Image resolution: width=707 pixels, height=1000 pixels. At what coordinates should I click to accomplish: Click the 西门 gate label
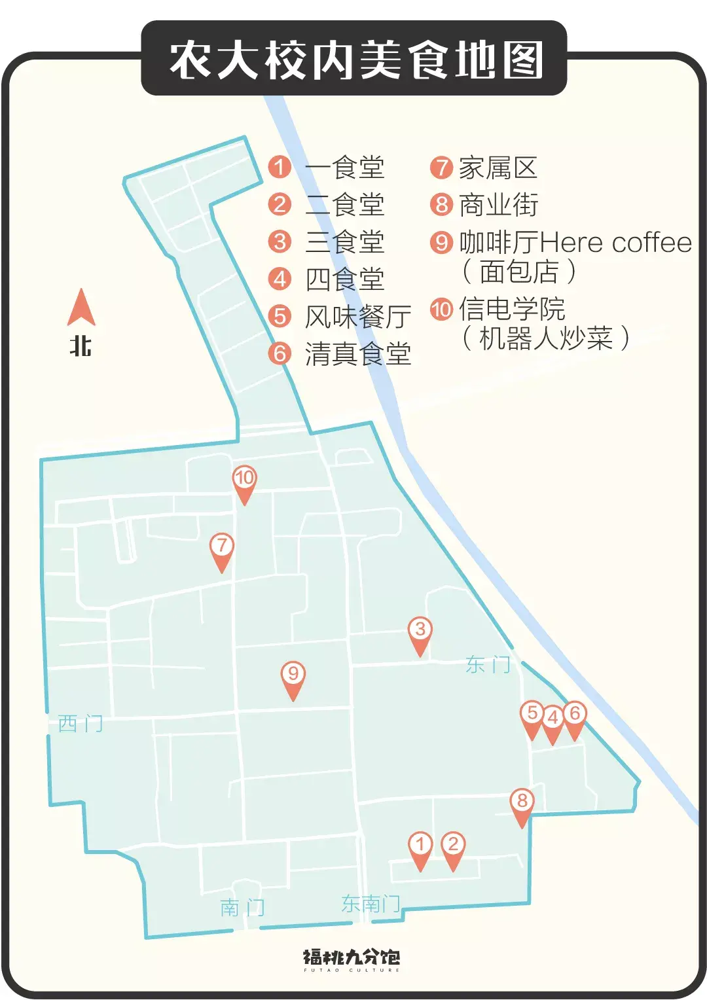[81, 724]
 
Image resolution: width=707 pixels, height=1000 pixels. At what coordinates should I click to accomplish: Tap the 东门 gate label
[488, 665]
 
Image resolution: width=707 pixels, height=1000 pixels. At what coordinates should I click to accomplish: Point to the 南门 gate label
[242, 908]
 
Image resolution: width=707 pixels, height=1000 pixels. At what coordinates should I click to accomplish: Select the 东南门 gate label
[371, 904]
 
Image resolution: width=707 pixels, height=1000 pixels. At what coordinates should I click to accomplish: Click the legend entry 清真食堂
[357, 354]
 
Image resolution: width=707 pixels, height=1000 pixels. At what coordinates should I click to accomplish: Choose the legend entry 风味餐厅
[357, 317]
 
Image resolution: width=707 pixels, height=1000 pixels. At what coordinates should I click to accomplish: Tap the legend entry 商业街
[498, 205]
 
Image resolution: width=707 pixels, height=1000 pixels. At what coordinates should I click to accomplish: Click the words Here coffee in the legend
[616, 243]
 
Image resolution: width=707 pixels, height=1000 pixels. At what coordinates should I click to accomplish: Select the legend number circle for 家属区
[441, 168]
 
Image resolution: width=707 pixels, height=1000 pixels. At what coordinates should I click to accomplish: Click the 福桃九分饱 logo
[352, 959]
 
